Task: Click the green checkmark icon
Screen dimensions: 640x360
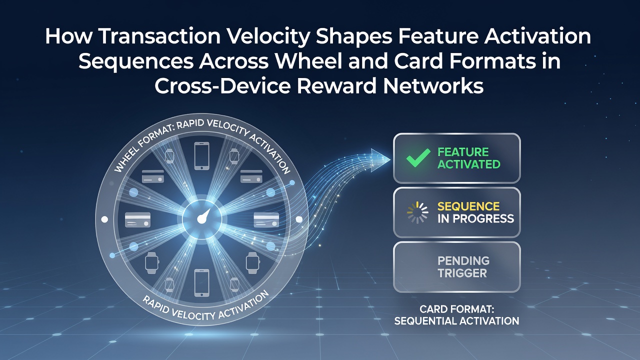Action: click(418, 157)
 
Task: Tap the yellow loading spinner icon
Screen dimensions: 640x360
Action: click(417, 212)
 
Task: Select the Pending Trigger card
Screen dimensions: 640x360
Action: click(457, 267)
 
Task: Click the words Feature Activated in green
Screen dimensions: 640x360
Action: click(469, 158)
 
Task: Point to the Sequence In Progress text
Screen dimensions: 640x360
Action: click(475, 212)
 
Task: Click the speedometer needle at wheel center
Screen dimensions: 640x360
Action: click(203, 216)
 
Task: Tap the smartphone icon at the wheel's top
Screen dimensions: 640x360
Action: click(201, 156)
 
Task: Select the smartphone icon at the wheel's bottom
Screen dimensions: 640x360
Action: click(201, 282)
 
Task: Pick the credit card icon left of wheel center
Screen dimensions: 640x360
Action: click(137, 219)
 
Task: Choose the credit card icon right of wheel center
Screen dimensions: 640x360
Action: click(266, 219)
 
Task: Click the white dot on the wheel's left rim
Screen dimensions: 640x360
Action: click(105, 219)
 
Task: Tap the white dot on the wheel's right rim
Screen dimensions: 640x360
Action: click(299, 219)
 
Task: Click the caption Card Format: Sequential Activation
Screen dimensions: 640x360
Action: click(456, 315)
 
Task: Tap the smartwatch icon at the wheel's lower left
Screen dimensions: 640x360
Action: click(151, 263)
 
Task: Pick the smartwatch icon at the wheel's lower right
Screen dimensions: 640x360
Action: click(253, 263)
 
